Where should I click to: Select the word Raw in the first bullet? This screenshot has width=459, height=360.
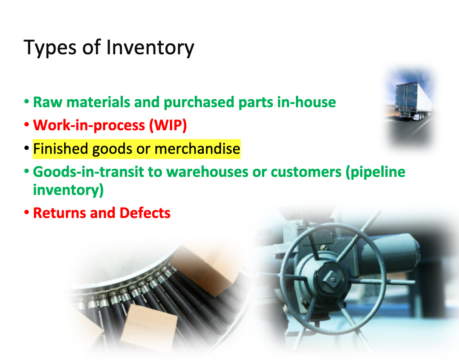pyautogui.click(x=46, y=102)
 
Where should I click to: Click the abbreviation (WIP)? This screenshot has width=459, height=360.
pyautogui.click(x=168, y=125)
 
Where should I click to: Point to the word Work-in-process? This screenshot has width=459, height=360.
pyautogui.click(x=89, y=125)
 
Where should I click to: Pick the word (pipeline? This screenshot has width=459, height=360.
pyautogui.click(x=376, y=172)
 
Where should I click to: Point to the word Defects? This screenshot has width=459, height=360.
pyautogui.click(x=145, y=213)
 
